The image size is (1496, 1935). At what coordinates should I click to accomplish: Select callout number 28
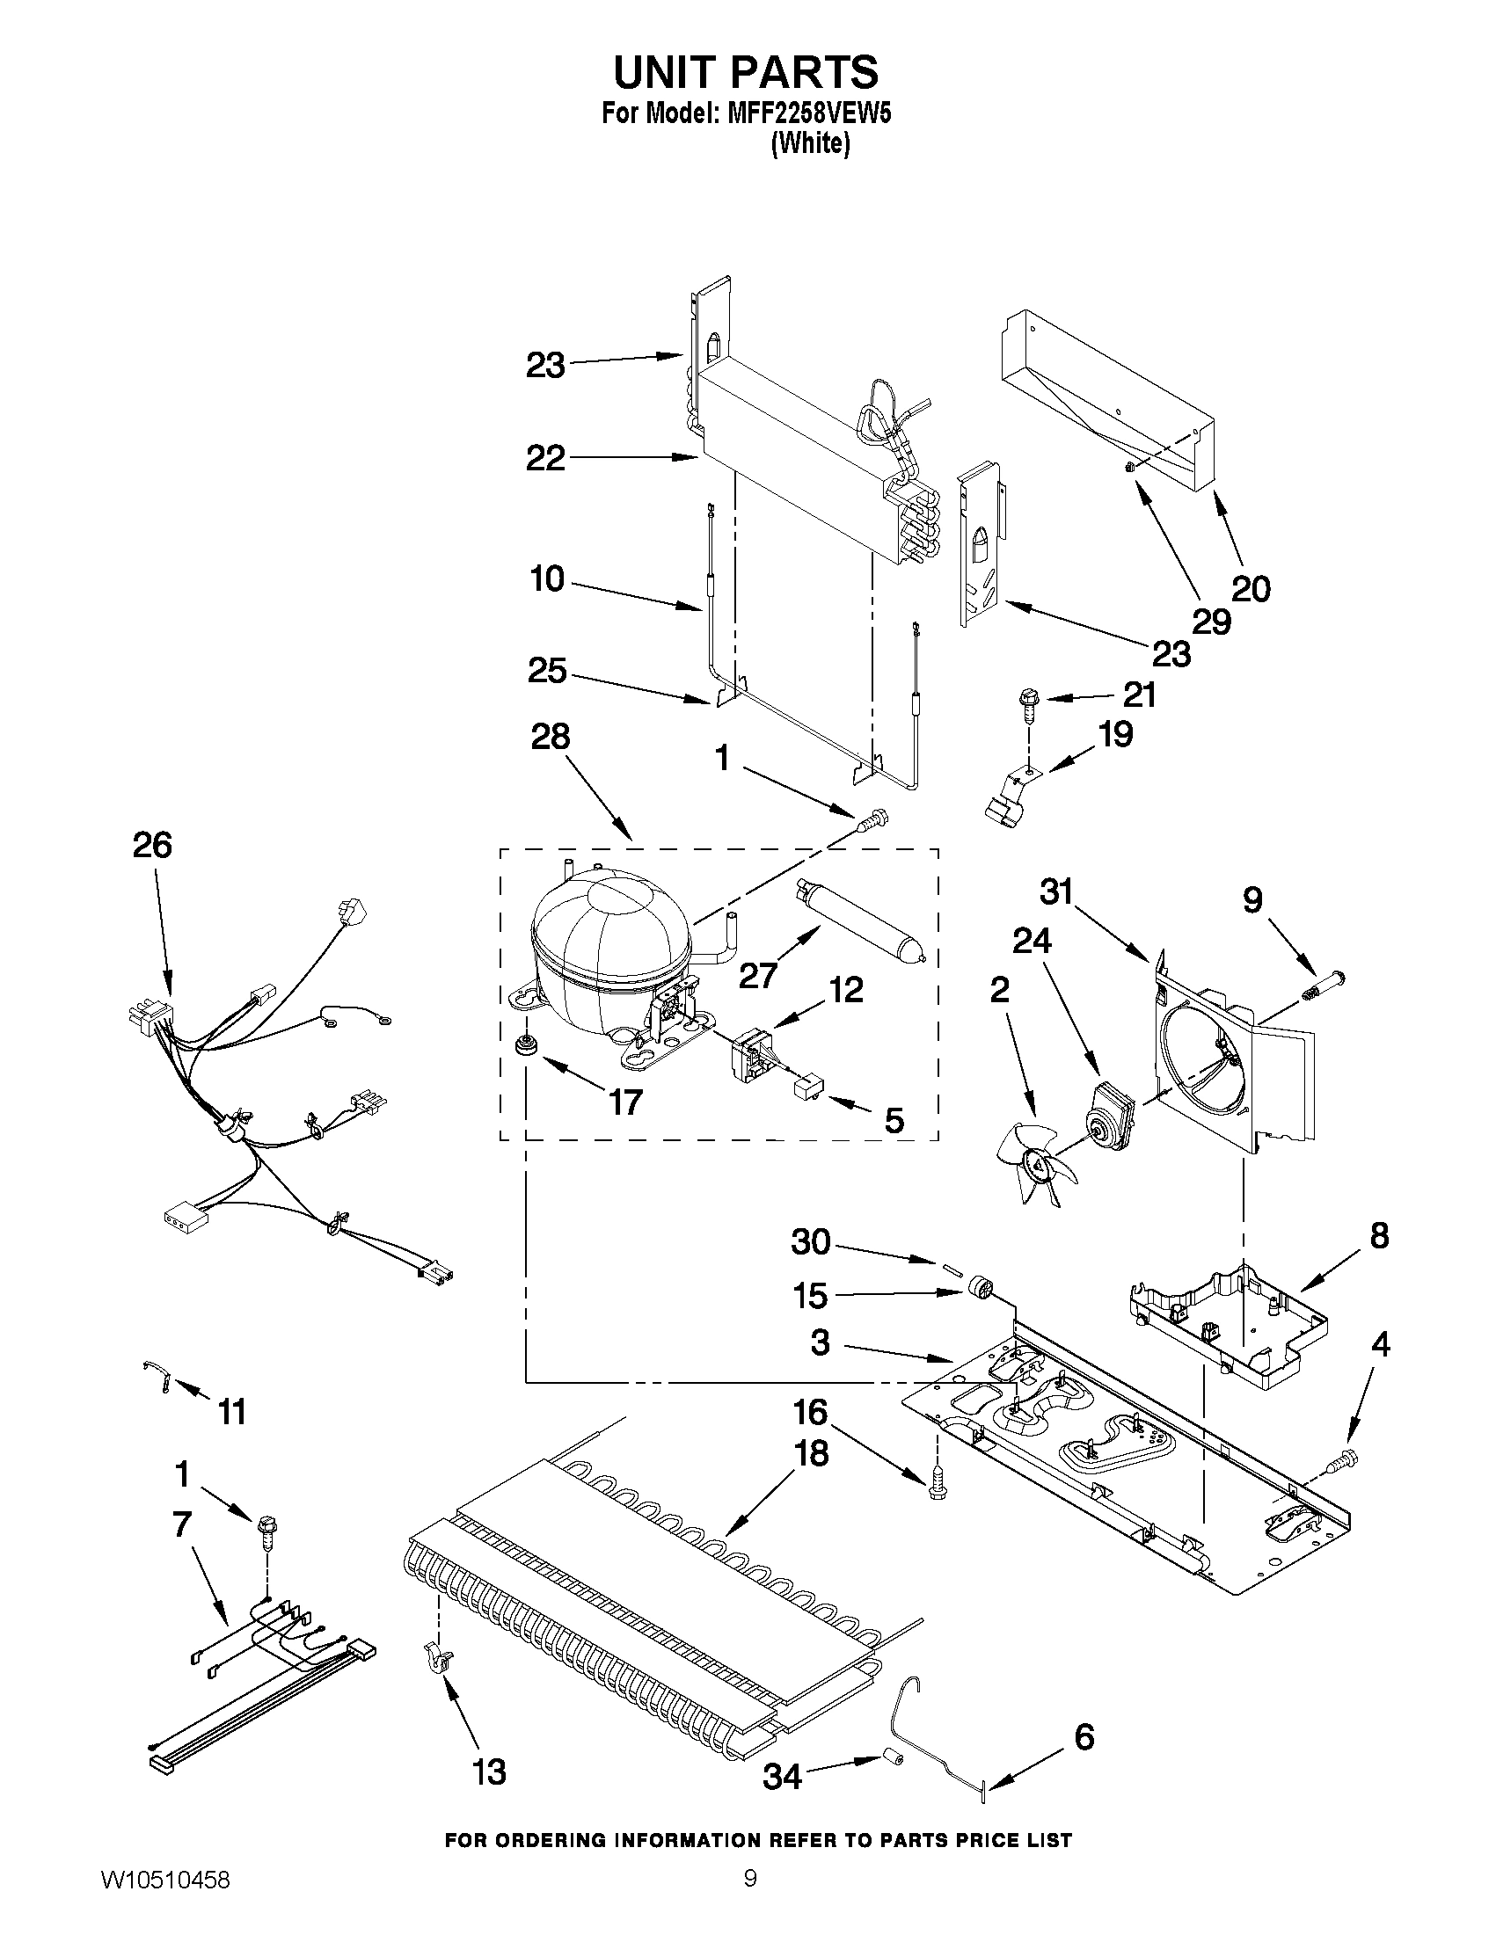(550, 737)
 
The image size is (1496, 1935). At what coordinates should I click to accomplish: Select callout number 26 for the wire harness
(151, 845)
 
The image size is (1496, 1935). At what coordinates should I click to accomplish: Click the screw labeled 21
(1029, 699)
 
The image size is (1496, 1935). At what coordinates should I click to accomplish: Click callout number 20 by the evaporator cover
(1251, 588)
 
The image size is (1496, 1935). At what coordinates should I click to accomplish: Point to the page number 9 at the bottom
(750, 1901)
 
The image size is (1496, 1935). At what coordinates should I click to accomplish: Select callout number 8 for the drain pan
(1379, 1235)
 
